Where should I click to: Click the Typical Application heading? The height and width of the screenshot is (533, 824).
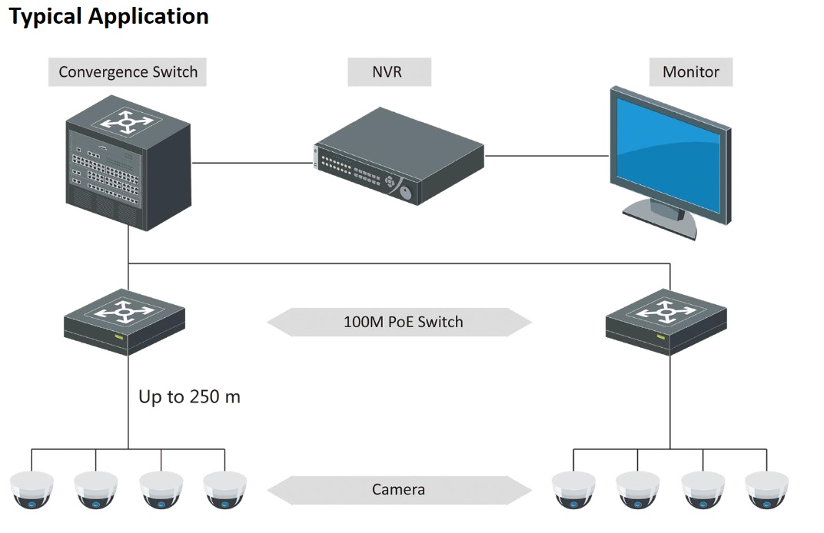coord(108,17)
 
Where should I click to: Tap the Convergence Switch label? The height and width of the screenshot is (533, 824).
coord(128,72)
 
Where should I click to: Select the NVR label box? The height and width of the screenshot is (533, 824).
coord(390,72)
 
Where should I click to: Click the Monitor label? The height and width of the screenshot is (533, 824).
coord(690,72)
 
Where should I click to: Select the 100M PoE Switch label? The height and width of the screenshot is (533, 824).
coord(402,322)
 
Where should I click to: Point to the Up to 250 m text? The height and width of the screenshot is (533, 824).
coord(189,397)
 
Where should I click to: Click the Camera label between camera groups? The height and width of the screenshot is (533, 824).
coord(398,489)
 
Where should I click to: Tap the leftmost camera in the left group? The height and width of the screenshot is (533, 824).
coord(32,489)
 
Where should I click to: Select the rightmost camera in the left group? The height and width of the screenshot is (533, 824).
coord(225,489)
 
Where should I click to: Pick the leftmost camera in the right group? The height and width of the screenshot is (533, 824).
coord(573,489)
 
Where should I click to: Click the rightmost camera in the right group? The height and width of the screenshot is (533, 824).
coord(766,489)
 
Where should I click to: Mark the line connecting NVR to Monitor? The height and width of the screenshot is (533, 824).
coord(547,156)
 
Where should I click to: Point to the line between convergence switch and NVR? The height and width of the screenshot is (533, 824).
coord(253,163)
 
